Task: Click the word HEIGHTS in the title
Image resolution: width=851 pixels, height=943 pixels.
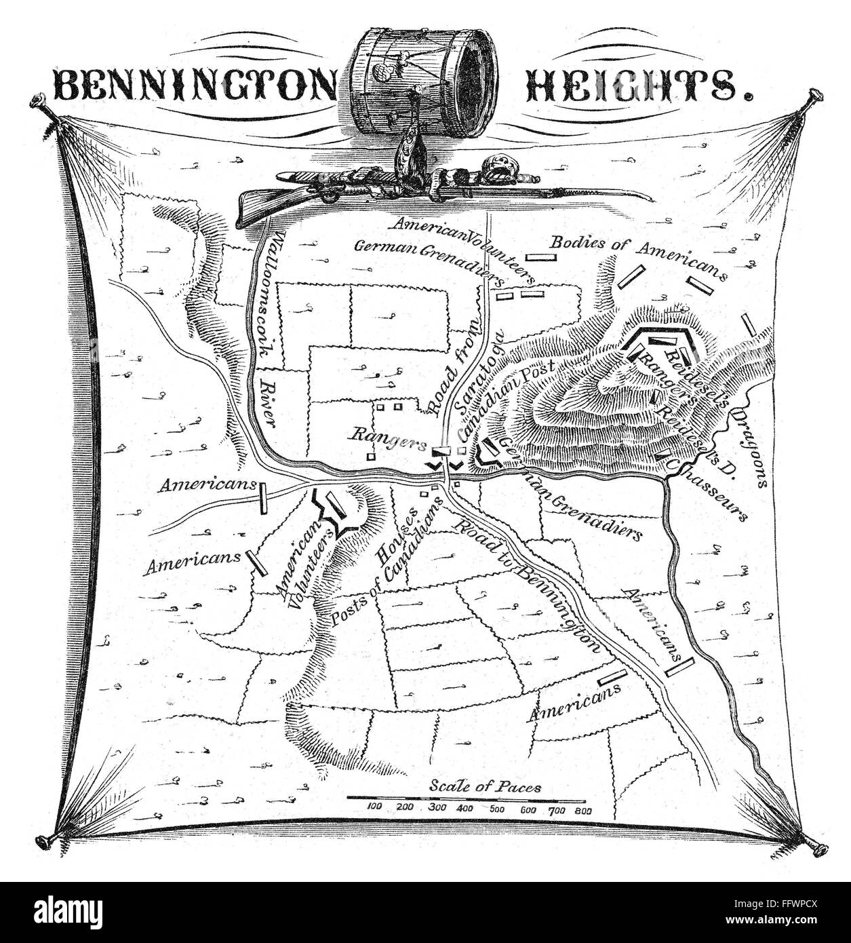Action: coord(635,85)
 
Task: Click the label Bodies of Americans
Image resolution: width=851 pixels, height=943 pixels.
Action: coord(638,261)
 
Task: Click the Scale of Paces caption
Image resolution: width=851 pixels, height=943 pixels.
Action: coord(486,787)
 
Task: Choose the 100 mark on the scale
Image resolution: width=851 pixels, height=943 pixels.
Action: coord(375,807)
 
